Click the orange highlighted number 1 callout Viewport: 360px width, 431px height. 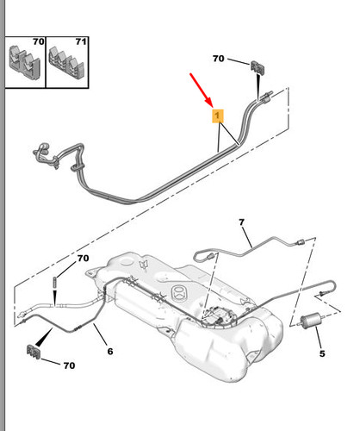tap(218, 116)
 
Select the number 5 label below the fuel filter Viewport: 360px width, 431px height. tap(322, 353)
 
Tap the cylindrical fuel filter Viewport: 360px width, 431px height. tap(312, 320)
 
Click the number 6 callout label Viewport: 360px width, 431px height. tap(110, 351)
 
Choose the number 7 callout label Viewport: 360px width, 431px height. tap(242, 222)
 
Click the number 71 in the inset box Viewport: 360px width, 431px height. tap(81, 42)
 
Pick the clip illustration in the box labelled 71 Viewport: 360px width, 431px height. tap(66, 64)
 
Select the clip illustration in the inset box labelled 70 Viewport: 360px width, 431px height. tap(25, 61)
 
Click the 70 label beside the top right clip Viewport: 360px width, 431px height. tap(219, 59)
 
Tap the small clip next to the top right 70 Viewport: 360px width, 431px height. tap(258, 68)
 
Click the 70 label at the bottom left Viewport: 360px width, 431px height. tap(69, 365)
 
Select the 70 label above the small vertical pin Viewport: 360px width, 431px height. tap(83, 259)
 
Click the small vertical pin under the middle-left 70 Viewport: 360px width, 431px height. tap(54, 282)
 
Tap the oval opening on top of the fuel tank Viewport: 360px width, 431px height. tap(179, 293)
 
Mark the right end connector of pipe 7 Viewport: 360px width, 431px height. tap(300, 242)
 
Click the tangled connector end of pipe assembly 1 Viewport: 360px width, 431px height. tap(45, 156)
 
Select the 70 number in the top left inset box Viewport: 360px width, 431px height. tap(39, 41)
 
